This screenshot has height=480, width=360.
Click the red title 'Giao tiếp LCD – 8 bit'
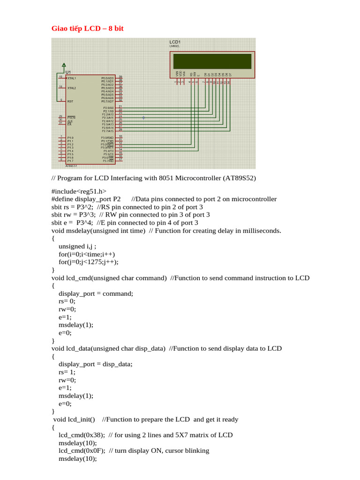pyautogui.click(x=87, y=29)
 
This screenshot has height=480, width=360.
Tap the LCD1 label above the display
pyautogui.click(x=176, y=42)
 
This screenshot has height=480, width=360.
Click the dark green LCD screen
pyautogui.click(x=212, y=61)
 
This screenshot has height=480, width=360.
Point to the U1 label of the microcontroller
pyautogui.click(x=68, y=72)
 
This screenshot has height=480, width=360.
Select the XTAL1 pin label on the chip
pyautogui.click(x=72, y=78)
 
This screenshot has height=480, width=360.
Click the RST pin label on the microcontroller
pyautogui.click(x=70, y=101)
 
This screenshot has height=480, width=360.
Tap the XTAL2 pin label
pyautogui.click(x=72, y=88)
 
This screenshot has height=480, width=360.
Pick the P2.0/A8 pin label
pyautogui.click(x=108, y=108)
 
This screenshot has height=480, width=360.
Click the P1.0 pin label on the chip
pyautogui.click(x=70, y=138)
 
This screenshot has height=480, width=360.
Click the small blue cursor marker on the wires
pyautogui.click(x=143, y=118)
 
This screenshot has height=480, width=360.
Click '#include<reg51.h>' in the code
pyautogui.click(x=79, y=191)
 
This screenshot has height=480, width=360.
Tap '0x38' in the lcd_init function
pyautogui.click(x=94, y=435)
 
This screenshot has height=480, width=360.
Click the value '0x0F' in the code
pyautogui.click(x=94, y=451)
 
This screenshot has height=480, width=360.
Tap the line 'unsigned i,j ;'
pyautogui.click(x=77, y=247)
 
